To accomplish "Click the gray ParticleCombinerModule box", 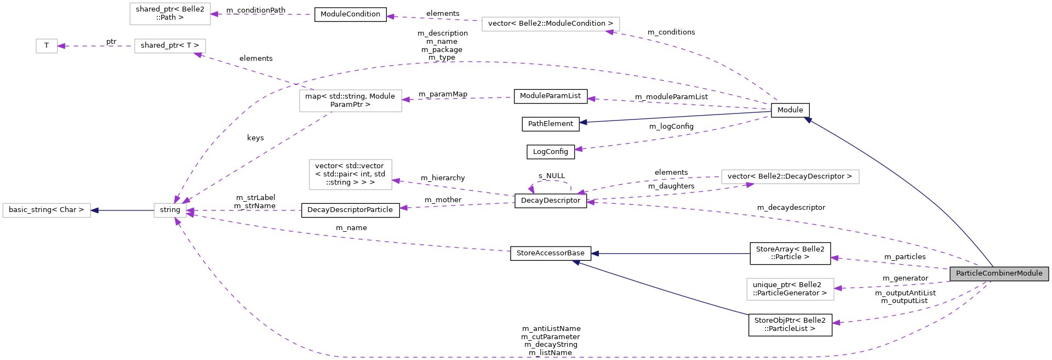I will (999, 273).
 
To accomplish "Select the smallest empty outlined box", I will (47, 46).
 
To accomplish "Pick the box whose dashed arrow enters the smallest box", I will (170, 46).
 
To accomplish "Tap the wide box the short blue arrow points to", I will (47, 210).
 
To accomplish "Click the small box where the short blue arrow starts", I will (170, 210).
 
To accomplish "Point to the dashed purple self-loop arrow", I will (551, 181).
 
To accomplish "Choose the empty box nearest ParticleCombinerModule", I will (790, 289).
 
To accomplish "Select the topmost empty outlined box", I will (170, 14).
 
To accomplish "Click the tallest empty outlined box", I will (351, 174).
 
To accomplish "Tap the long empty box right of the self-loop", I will (790, 176).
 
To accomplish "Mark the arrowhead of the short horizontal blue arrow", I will (95, 210).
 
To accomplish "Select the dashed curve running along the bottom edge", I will (548, 357).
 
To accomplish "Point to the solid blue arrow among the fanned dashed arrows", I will (674, 117).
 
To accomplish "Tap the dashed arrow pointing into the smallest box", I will (96, 46).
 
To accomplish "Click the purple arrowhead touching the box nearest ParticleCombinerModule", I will (838, 288).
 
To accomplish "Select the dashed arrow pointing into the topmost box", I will (263, 14).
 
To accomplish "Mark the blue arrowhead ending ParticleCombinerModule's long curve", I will (808, 119).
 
